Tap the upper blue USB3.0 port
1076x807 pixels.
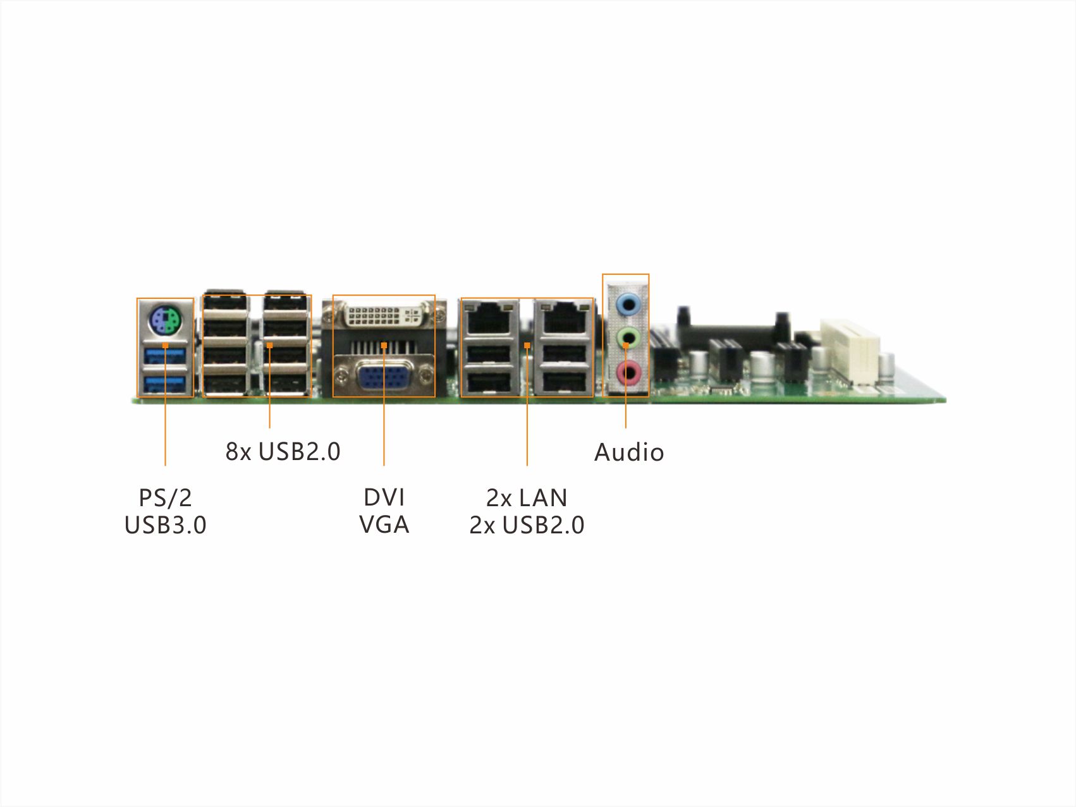pyautogui.click(x=164, y=357)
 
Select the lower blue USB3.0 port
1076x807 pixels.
pyautogui.click(x=164, y=384)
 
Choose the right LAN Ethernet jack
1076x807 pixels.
pyautogui.click(x=563, y=318)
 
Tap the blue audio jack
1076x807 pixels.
pyautogui.click(x=627, y=305)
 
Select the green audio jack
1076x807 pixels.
pyautogui.click(x=627, y=338)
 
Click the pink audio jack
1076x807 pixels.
pyautogui.click(x=627, y=373)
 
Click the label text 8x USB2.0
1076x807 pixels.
pyautogui.click(x=283, y=452)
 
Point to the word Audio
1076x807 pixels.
pyautogui.click(x=629, y=452)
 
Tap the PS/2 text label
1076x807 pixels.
pyautogui.click(x=165, y=498)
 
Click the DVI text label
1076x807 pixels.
pyautogui.click(x=384, y=498)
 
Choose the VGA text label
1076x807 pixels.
pyautogui.click(x=384, y=525)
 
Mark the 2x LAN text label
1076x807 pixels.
pyautogui.click(x=527, y=498)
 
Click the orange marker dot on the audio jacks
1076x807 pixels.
pyautogui.click(x=626, y=346)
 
